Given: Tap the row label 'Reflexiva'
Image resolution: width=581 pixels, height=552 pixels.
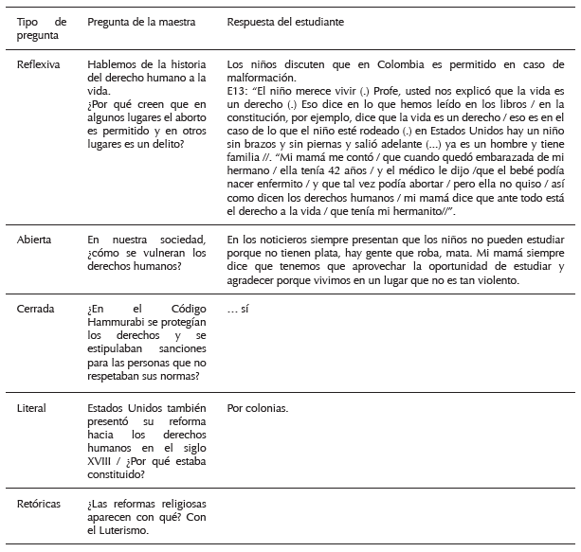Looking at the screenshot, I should click(38, 64).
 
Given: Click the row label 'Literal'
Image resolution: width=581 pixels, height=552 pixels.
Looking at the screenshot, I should click(32, 410).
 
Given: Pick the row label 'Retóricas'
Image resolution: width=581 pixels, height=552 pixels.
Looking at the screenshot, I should click(39, 505).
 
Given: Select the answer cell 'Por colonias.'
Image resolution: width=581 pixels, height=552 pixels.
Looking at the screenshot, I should click(258, 410).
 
